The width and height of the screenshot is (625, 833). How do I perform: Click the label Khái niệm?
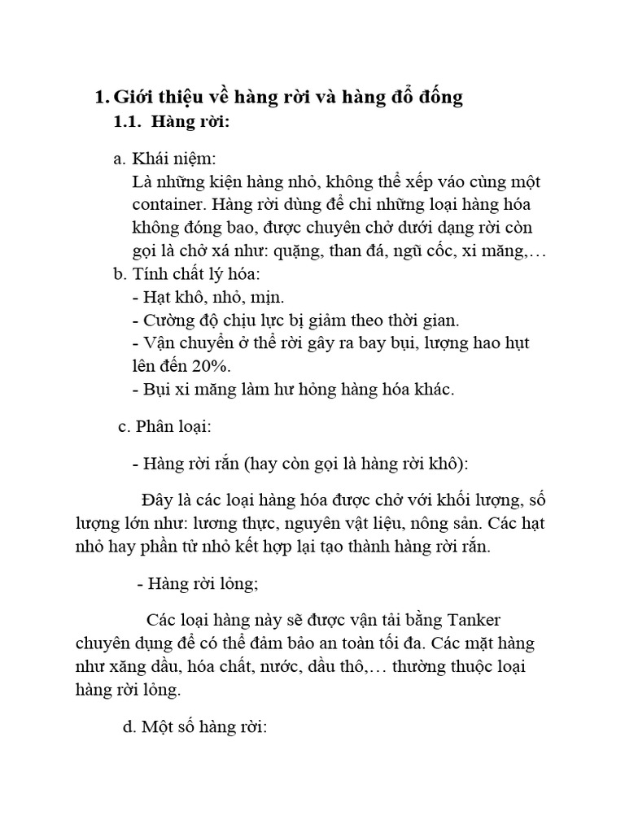pos(175,159)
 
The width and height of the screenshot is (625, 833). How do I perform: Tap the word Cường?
pos(168,321)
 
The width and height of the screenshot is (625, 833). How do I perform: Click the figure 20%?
pos(211,366)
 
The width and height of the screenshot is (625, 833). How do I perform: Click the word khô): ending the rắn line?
pos(447,464)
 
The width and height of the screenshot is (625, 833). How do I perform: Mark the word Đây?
pos(157,499)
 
